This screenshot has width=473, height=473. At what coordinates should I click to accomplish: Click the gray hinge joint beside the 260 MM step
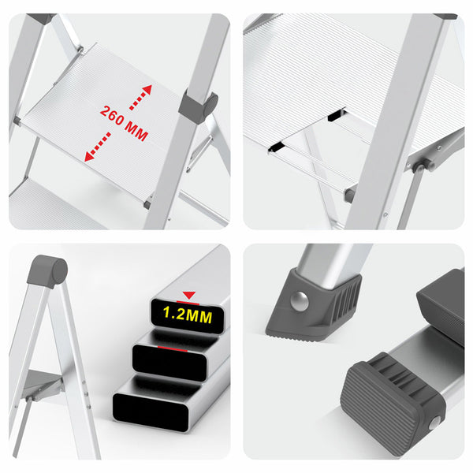pyautogui.click(x=198, y=106)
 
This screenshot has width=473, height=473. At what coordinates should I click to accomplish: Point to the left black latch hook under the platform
pyautogui.click(x=277, y=145)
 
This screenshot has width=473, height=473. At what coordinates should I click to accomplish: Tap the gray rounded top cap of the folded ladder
pyautogui.click(x=47, y=270)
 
